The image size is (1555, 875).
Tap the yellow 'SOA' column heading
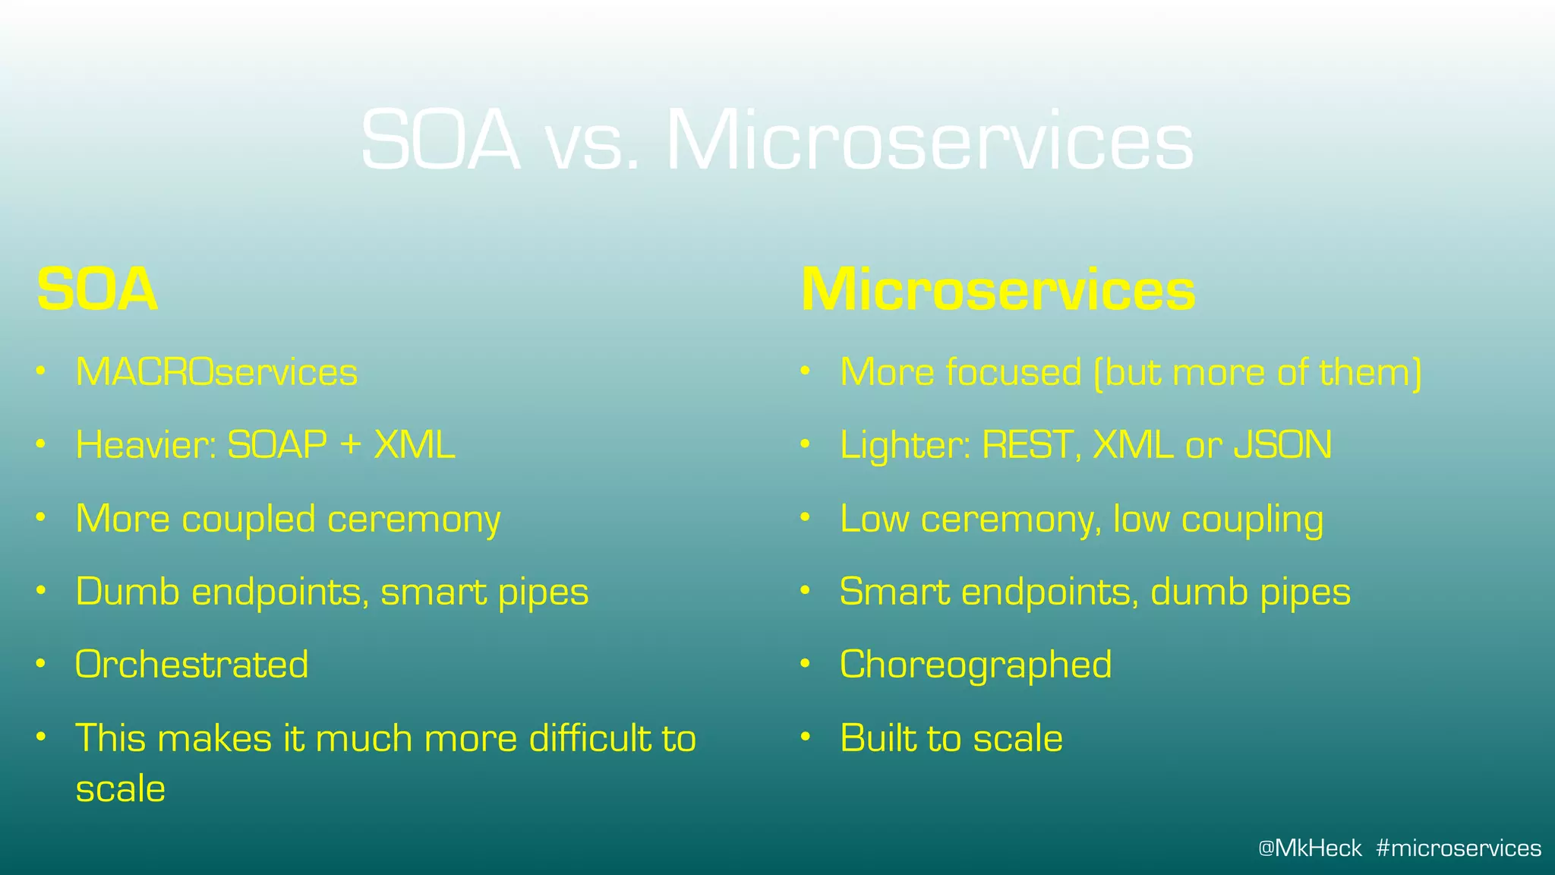pyautogui.click(x=97, y=290)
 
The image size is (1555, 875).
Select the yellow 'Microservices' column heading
pyautogui.click(x=998, y=290)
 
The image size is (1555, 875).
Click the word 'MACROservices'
pyautogui.click(x=216, y=372)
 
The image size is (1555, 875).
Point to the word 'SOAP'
pyautogui.click(x=277, y=445)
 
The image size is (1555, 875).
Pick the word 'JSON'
pyautogui.click(x=1282, y=445)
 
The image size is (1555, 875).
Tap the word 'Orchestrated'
pyautogui.click(x=192, y=665)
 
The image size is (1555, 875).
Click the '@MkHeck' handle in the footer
pyautogui.click(x=1310, y=848)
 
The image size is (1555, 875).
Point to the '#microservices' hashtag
pyautogui.click(x=1459, y=848)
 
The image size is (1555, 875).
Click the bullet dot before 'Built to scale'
pyautogui.click(x=806, y=737)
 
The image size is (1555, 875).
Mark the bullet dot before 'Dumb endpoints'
pyautogui.click(x=42, y=590)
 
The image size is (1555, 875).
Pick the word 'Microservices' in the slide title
pyautogui.click(x=929, y=143)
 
